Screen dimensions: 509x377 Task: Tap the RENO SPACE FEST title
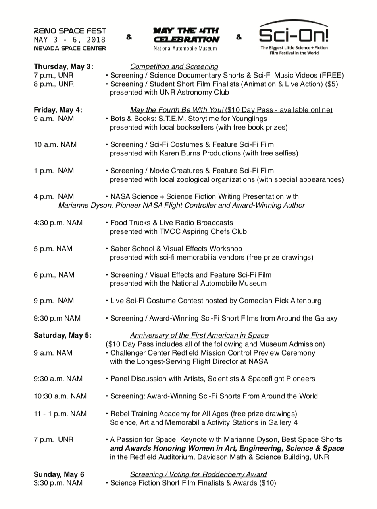[70, 31]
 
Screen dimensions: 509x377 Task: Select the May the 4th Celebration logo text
[186, 35]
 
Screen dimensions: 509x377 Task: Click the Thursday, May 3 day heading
[63, 66]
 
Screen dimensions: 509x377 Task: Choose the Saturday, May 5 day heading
[62, 335]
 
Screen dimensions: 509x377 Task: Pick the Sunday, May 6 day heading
[59, 474]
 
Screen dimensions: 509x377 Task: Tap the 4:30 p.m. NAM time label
[58, 223]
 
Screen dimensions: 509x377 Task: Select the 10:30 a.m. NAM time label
[60, 396]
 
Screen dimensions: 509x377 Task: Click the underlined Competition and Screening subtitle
[174, 66]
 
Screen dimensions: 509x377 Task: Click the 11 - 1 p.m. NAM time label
[60, 414]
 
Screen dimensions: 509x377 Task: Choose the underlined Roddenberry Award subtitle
[198, 474]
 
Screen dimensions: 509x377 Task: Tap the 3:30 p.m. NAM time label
[58, 483]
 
